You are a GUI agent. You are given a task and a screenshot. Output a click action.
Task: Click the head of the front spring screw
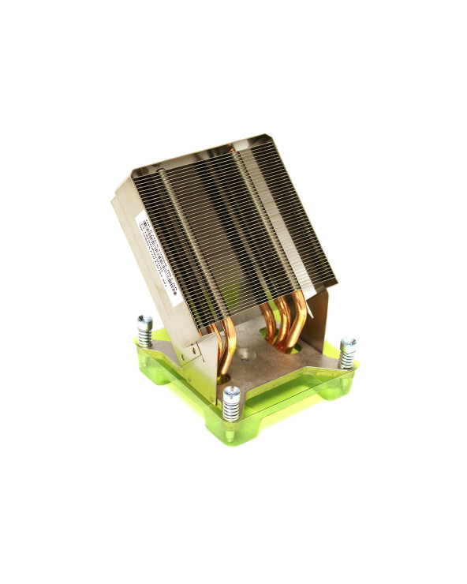click(x=230, y=391)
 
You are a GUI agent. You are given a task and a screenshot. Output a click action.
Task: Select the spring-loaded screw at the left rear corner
click(x=144, y=327)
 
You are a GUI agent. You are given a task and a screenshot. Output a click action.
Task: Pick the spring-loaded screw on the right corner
click(x=347, y=351)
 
